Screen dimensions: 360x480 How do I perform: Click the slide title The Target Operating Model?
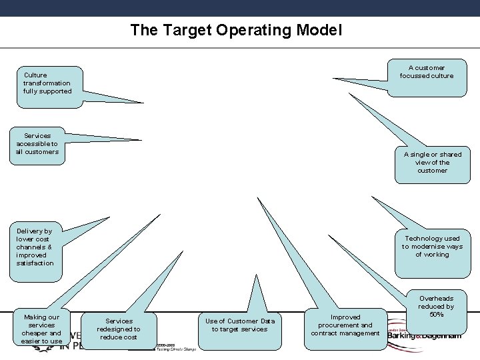(x=236, y=30)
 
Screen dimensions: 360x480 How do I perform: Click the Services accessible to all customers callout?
(x=38, y=143)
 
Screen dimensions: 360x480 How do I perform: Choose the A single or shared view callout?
(x=432, y=162)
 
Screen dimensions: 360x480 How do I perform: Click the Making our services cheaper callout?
(x=41, y=329)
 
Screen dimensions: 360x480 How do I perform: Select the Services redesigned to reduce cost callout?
(x=119, y=329)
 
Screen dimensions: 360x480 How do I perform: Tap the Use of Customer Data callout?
(x=239, y=325)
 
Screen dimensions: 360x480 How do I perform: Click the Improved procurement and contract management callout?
(x=345, y=325)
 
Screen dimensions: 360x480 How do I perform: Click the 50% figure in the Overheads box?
(x=437, y=315)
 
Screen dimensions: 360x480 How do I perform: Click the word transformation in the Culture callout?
(x=46, y=83)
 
